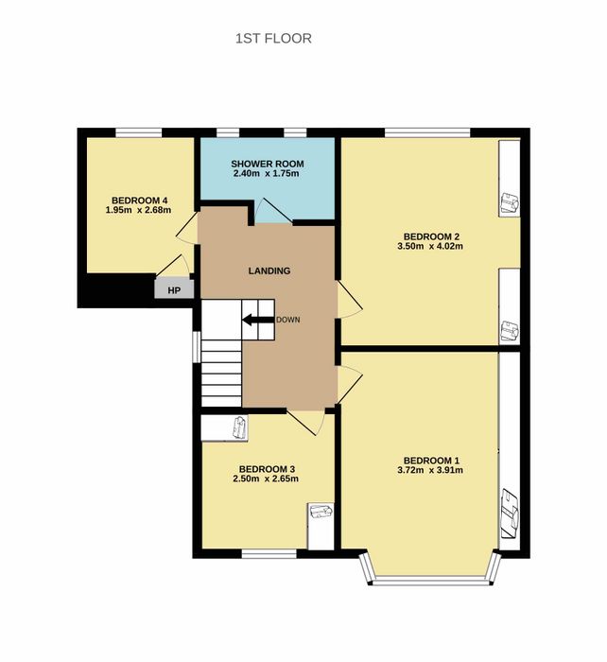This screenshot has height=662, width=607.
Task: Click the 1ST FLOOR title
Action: (273, 39)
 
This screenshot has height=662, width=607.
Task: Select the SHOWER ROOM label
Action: (268, 164)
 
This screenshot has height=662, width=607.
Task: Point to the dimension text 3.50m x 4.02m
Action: (430, 246)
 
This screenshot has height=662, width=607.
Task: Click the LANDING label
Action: (269, 270)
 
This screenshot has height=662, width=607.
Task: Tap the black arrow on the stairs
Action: (258, 320)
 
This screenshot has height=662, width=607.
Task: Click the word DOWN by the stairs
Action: (287, 320)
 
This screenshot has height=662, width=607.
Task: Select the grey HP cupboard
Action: (174, 289)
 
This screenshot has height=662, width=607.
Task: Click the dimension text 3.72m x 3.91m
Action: (430, 470)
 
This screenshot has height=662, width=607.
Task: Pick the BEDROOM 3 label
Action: (267, 469)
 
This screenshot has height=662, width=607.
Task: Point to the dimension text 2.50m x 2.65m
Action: (266, 479)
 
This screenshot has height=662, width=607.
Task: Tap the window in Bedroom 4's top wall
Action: (139, 132)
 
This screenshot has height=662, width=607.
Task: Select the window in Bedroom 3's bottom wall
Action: (269, 554)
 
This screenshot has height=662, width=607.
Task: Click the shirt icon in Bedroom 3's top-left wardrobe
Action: (240, 427)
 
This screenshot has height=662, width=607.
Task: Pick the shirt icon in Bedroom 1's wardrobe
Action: (510, 514)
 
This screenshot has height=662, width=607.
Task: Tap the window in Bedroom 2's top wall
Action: (427, 132)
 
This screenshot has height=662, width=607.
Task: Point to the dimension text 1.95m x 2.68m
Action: (138, 210)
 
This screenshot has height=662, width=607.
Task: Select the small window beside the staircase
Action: (197, 346)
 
